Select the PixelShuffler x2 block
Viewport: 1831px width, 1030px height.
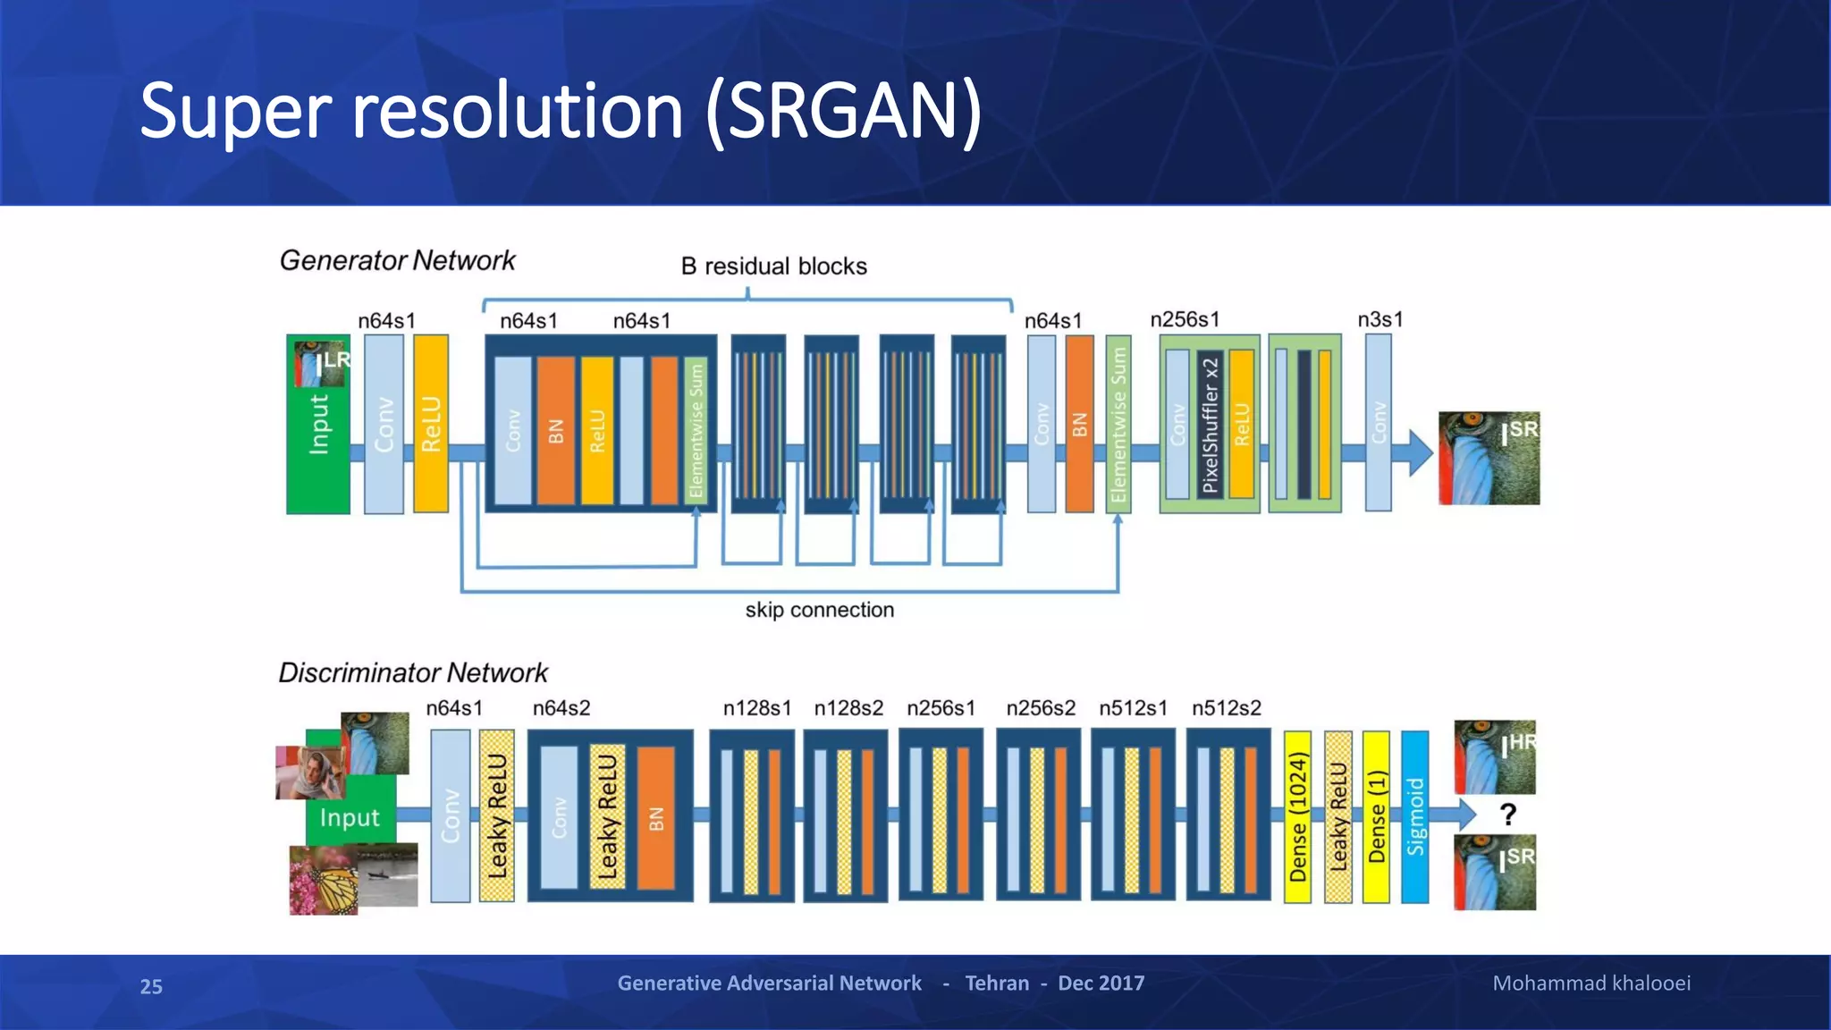click(x=1210, y=425)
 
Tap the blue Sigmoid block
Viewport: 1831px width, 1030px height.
click(x=1414, y=816)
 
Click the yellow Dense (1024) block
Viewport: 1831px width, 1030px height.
click(x=1297, y=816)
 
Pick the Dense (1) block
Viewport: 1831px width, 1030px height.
click(x=1376, y=816)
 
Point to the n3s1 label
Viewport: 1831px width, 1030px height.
click(x=1380, y=319)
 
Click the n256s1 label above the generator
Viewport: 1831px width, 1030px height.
click(x=1184, y=319)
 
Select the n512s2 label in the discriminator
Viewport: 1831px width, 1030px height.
click(x=1226, y=708)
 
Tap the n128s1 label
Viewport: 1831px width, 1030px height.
click(x=756, y=708)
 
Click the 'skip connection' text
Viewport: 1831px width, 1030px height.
click(x=819, y=610)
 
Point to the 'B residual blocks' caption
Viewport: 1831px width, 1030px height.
click(x=773, y=266)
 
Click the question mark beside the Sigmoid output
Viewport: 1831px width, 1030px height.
click(x=1507, y=815)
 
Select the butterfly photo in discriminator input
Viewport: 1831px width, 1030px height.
click(x=324, y=881)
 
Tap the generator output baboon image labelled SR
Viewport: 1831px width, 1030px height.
click(x=1489, y=458)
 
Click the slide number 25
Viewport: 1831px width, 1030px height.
click(x=151, y=986)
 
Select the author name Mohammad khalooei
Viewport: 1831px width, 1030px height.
click(x=1591, y=984)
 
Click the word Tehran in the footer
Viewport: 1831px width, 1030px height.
click(x=996, y=984)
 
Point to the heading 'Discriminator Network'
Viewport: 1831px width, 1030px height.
click(x=412, y=672)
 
